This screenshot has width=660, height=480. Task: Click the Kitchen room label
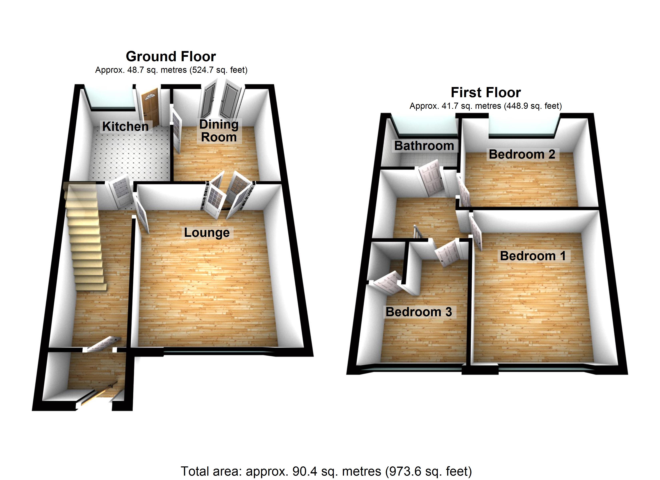coord(125,127)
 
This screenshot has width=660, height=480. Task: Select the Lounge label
coord(207,233)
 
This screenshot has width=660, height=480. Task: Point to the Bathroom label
coord(424,146)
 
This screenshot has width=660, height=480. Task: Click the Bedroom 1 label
coord(533,256)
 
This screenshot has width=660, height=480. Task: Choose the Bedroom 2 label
coord(522,154)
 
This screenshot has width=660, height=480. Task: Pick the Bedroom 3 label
coord(419,312)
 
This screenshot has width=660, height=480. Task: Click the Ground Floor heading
coord(171,56)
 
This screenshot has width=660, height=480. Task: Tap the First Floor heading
coord(486,93)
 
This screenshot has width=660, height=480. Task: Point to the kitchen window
coord(112,99)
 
